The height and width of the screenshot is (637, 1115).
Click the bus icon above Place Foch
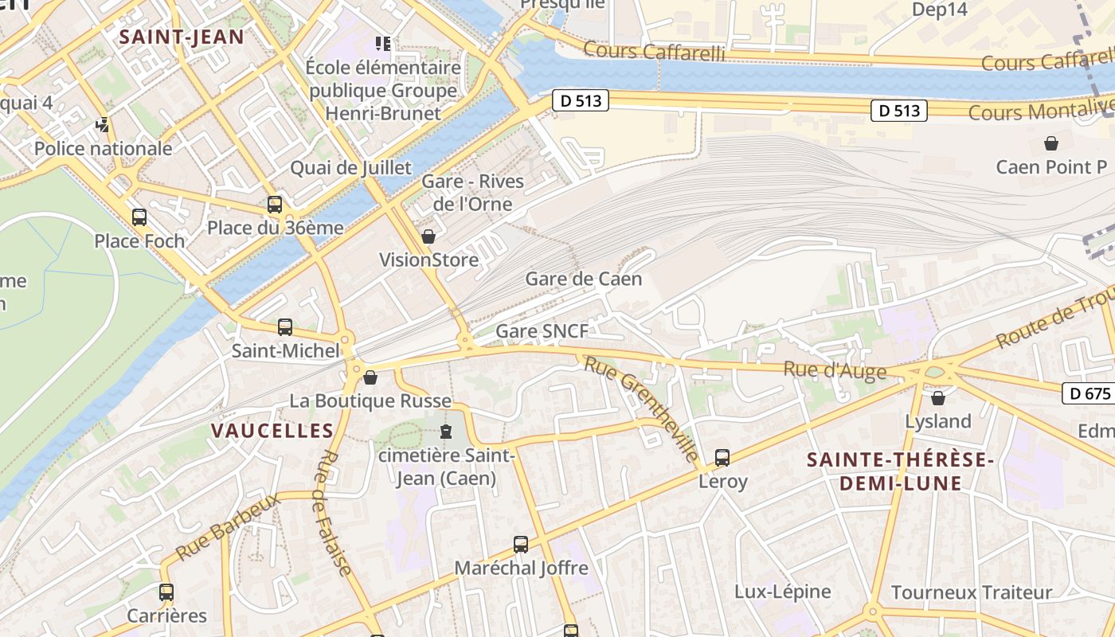139,217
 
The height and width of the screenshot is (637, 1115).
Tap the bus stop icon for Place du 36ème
275,205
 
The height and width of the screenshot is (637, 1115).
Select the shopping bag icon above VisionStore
428,236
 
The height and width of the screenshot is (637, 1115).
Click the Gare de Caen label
583,279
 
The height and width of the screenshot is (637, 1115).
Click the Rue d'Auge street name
835,370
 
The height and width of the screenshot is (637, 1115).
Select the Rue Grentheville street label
642,408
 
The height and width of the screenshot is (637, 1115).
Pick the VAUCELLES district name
272,431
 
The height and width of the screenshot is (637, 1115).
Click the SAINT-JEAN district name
182,37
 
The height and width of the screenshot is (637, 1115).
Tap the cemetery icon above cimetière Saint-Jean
446,432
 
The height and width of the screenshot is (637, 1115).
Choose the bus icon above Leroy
722,458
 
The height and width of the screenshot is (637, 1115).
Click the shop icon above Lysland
938,397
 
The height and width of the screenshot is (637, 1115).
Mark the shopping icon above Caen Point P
1051,143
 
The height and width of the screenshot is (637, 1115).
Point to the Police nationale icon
102,125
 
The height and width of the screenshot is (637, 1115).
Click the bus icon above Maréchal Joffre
521,545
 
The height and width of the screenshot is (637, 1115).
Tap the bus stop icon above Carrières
166,592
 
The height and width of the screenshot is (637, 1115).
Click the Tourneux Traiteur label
972,592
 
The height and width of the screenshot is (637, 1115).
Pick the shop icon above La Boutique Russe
370,377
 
